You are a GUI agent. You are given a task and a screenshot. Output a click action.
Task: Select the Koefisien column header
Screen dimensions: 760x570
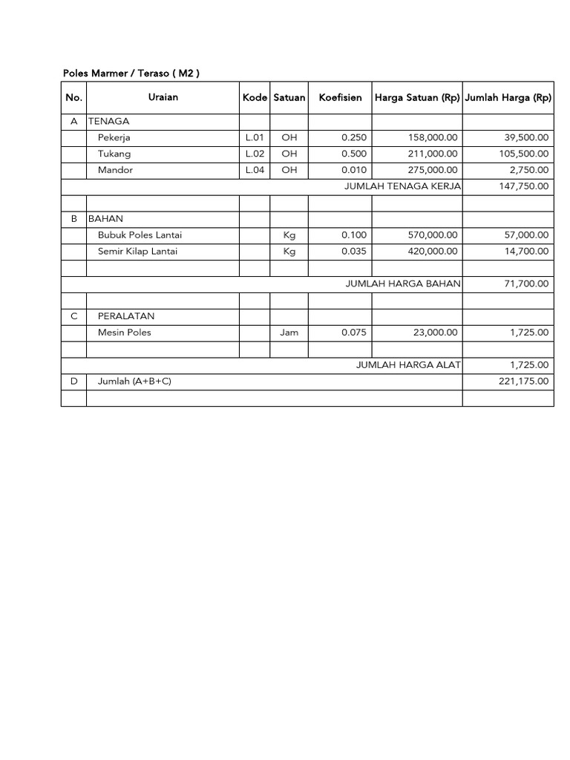click(x=341, y=97)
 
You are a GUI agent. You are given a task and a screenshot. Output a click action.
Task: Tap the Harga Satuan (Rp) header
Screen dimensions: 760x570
click(x=417, y=97)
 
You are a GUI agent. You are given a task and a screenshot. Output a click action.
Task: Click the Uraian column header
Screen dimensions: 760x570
click(x=163, y=97)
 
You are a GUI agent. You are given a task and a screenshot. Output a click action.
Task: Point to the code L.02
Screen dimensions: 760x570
click(x=255, y=154)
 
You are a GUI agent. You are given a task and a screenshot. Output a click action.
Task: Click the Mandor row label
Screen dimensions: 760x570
click(x=114, y=170)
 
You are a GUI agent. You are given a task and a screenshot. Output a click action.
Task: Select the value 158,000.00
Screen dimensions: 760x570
click(x=433, y=137)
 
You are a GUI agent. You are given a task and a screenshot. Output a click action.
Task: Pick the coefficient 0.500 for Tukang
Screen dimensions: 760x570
click(x=354, y=154)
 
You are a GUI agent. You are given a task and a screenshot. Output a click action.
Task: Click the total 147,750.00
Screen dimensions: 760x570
click(x=523, y=186)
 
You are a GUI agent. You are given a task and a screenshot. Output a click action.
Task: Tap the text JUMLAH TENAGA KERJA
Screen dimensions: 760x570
click(x=403, y=186)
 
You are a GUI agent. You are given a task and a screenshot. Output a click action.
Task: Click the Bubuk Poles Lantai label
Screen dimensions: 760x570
click(x=140, y=235)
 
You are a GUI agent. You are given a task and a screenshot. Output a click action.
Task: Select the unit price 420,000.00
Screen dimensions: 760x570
click(x=433, y=251)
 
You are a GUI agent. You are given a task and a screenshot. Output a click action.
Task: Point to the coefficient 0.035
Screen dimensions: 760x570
click(x=354, y=251)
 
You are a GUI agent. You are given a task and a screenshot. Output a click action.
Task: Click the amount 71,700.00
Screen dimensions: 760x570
click(x=525, y=284)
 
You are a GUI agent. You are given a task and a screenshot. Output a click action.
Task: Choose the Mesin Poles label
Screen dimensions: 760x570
click(x=125, y=332)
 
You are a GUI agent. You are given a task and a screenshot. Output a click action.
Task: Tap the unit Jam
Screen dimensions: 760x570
click(x=289, y=332)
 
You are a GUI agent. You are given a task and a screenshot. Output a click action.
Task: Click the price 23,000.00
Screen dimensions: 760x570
click(x=436, y=332)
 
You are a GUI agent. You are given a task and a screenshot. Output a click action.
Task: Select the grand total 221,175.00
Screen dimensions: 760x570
click(x=523, y=381)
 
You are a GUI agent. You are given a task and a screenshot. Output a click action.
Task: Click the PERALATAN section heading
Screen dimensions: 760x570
click(x=126, y=315)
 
